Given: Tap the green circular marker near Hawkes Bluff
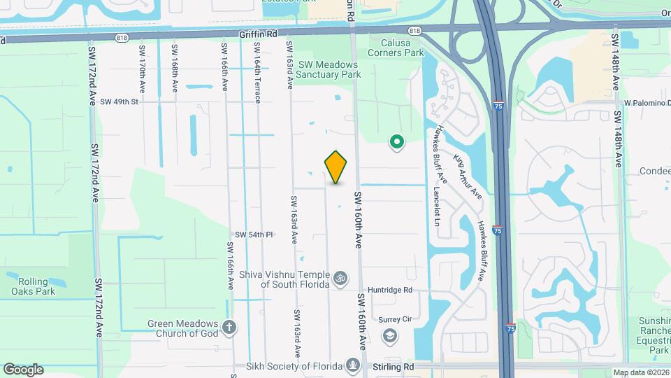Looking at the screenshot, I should pos(397,143).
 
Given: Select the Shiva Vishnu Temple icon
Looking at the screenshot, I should pos(341,278).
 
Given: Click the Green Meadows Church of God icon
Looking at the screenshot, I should pos(230,328).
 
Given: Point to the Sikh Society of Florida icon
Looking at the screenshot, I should pos(354,365).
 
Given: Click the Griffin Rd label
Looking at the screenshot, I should pos(258,33).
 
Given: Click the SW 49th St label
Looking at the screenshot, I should pos(120,101).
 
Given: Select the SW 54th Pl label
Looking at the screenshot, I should pos(253,234).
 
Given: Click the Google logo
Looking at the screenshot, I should pos(23,369).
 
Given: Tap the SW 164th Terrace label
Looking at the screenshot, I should pos(257,73).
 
